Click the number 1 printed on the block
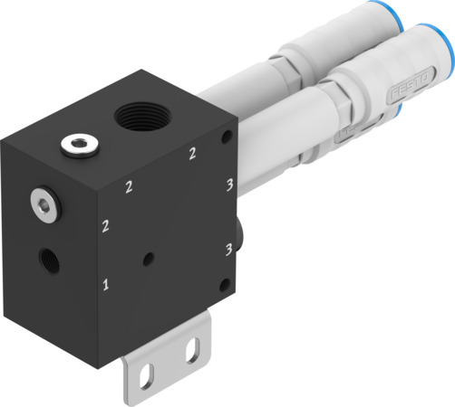pos(107,286)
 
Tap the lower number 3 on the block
pos(228,247)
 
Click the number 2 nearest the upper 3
pos(191,155)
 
